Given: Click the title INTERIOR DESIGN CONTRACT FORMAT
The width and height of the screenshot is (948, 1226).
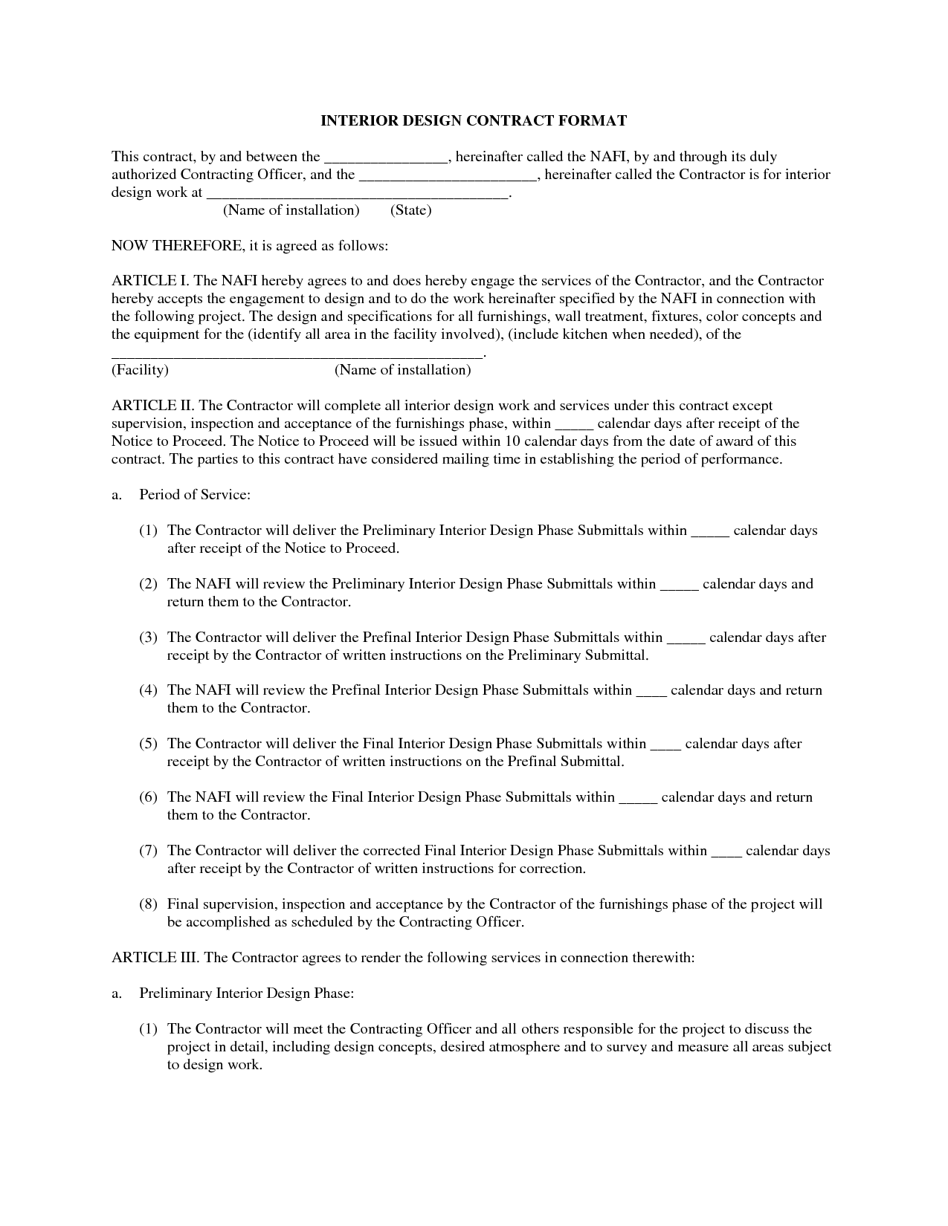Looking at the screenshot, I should coord(474,120).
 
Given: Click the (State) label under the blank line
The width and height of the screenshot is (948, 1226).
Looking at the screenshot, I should coord(410,210).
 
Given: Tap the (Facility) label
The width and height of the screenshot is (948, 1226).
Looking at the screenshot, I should coord(140,370).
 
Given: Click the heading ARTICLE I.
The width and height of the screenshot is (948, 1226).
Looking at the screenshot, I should coord(149,281).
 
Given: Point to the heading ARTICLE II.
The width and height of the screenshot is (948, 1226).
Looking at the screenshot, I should coord(152,406).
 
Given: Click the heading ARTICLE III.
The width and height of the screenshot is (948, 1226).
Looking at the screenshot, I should coord(155,958).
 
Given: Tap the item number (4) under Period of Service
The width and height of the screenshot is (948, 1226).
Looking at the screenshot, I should coord(149,690).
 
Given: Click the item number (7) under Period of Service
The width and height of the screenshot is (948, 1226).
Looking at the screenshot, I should coord(149,851).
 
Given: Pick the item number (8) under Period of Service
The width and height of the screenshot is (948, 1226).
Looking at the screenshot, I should coord(149,904).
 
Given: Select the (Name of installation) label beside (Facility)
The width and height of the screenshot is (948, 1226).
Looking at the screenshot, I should coord(402,370).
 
